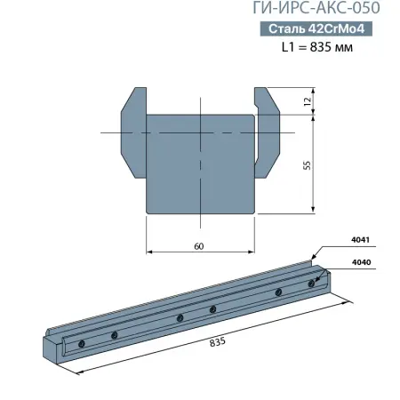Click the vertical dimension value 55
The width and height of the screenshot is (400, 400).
(307, 166)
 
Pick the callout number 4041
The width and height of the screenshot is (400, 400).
(361, 240)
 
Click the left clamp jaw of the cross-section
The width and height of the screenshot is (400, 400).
(130, 133)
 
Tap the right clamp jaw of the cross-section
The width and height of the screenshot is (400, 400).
(269, 133)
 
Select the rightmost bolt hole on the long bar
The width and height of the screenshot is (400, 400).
(311, 284)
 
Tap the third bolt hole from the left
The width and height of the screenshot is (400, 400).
(180, 317)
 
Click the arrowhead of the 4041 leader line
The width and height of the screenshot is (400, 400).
(313, 259)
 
